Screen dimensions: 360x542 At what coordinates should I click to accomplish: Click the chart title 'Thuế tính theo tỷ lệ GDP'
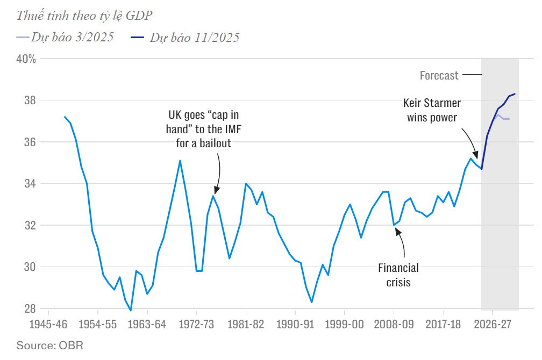tap(81, 16)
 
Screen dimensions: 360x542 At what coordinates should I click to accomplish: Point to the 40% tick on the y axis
tap(25, 59)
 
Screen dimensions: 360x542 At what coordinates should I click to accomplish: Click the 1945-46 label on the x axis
tap(48, 325)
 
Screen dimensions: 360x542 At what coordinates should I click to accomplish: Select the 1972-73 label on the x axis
tap(196, 325)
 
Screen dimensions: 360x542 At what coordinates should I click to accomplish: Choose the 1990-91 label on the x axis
tap(295, 325)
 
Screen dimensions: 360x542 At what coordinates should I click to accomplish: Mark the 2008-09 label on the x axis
tap(394, 325)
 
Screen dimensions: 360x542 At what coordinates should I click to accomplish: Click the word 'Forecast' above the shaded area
tap(439, 75)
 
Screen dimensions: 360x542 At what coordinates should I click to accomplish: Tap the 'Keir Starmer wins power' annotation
tap(432, 110)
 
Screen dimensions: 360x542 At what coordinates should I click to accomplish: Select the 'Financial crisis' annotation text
tap(398, 274)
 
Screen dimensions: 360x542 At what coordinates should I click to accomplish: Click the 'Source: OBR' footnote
tap(50, 344)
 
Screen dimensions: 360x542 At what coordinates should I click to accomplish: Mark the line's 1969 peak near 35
tap(180, 160)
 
